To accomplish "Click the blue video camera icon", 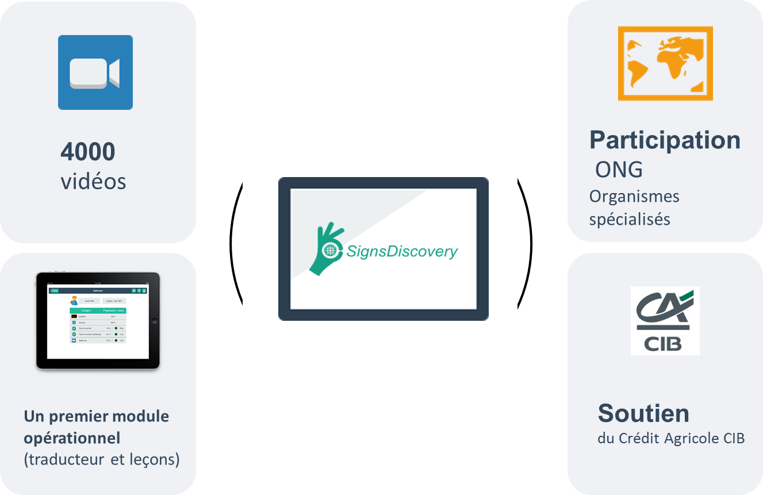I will click(95, 72).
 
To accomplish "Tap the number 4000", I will click(88, 152).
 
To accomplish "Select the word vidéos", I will click(93, 181).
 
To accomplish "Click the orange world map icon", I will click(665, 64).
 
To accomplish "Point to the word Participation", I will click(665, 140).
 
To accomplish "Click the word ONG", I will click(619, 170).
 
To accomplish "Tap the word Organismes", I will click(634, 197).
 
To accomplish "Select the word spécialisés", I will click(630, 220).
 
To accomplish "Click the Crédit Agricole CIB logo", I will click(665, 320).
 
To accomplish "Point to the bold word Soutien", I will click(643, 413).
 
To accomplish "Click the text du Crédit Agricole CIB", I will click(671, 439).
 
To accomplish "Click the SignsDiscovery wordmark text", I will click(402, 251).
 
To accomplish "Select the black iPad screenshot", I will click(97, 321).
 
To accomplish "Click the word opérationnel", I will click(72, 438).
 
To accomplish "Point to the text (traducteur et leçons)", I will click(101, 460).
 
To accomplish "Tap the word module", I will click(141, 416).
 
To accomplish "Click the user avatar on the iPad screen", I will click(74, 300).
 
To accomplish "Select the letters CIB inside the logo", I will click(663, 343).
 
